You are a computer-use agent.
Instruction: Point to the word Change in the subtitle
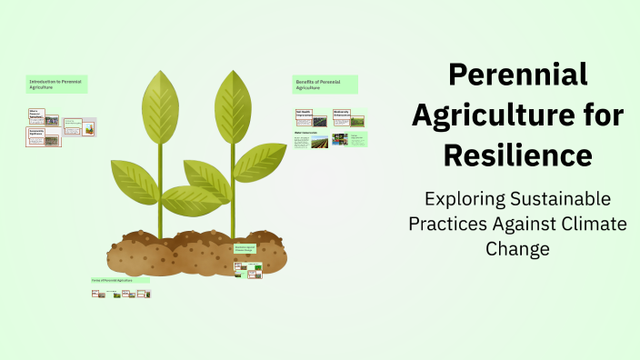click(x=518, y=248)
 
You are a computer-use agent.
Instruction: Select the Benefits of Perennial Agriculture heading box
click(x=325, y=85)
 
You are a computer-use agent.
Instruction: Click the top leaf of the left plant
click(x=161, y=99)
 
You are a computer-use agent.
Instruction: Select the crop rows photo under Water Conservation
click(x=320, y=142)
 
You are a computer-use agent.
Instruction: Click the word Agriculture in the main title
click(x=518, y=115)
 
